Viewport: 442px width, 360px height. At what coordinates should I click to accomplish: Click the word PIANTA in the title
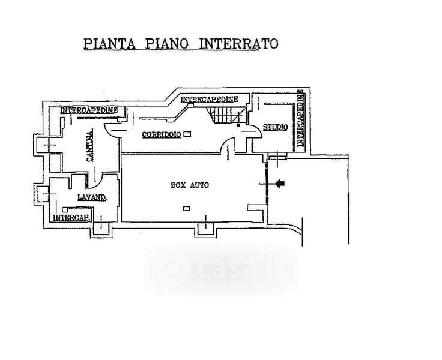coord(110,44)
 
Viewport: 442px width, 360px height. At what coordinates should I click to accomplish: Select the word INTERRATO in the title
coord(239,44)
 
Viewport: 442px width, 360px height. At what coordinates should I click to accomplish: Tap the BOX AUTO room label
coord(190,185)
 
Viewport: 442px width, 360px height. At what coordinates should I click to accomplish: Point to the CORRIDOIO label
coord(161,134)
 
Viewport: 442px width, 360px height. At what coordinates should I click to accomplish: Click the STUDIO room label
coord(276,127)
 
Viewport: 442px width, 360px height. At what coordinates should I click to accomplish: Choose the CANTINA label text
coord(90,146)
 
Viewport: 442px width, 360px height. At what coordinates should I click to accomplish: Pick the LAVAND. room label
coord(92,197)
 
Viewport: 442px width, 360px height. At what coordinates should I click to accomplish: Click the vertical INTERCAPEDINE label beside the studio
coord(301,118)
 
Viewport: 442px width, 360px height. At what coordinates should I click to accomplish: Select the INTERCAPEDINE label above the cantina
coord(89,110)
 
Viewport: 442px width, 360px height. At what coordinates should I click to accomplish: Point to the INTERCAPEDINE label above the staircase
coord(209,100)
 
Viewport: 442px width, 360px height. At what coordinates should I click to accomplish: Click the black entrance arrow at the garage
coord(280,184)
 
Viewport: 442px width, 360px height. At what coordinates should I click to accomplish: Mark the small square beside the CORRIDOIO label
coord(187,134)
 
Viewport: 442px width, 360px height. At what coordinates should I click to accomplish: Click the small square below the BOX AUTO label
coord(186,208)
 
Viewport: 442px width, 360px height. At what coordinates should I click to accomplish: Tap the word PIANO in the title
coord(167,44)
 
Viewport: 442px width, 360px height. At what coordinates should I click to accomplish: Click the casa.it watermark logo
coord(221,268)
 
